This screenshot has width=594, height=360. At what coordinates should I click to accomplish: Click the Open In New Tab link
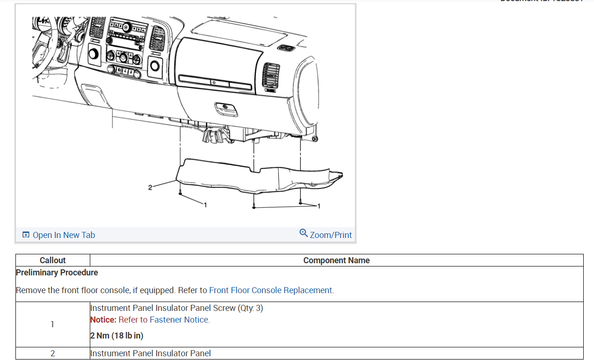(63, 235)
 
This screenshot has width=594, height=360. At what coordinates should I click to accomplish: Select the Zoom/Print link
(331, 235)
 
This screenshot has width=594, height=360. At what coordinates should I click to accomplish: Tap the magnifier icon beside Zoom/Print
(304, 233)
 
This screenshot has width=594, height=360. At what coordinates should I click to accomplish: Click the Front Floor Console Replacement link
(270, 290)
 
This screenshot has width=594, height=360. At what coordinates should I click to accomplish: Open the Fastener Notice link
(179, 320)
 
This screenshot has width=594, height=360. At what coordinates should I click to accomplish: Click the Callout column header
(52, 260)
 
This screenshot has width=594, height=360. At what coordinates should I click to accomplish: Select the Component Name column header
(336, 260)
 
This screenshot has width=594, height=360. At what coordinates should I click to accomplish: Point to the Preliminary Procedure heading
(57, 273)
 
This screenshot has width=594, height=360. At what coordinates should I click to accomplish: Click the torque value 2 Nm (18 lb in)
(116, 336)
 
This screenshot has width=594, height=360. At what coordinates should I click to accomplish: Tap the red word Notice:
(103, 320)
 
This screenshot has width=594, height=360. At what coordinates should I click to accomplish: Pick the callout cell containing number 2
(52, 353)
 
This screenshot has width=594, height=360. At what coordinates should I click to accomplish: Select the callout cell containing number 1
(52, 324)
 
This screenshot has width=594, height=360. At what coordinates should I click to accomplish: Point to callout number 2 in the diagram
(150, 187)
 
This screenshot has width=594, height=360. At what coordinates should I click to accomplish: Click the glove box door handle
(225, 109)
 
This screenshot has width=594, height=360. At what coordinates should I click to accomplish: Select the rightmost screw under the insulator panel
(300, 202)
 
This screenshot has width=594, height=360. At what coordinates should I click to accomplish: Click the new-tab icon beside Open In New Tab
(26, 235)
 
